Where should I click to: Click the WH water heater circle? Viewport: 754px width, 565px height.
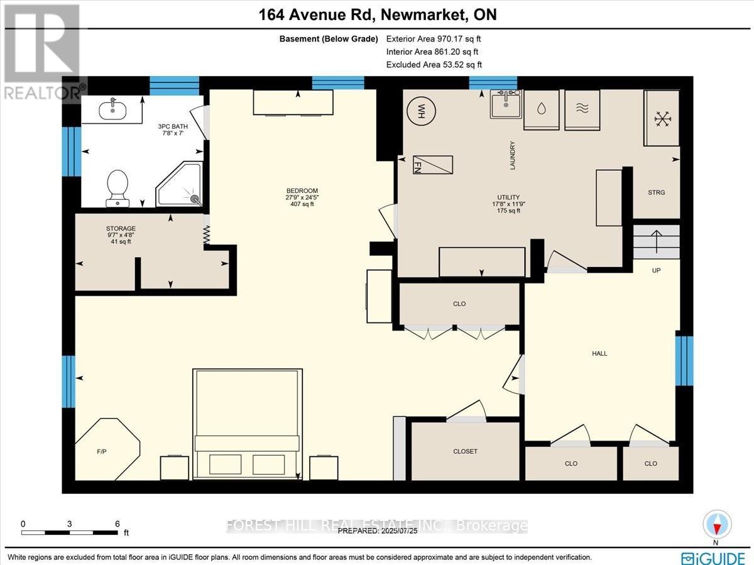coord(421,111)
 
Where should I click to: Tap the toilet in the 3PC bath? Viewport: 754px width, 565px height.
coord(117,189)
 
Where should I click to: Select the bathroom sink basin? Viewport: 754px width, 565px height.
coord(112,110)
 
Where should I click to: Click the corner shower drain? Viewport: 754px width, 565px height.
coord(195,198)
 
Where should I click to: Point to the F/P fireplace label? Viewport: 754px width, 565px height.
coord(102,452)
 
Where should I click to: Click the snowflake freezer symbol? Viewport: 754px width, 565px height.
coord(663,119)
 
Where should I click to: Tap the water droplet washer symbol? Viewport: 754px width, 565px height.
coord(542,109)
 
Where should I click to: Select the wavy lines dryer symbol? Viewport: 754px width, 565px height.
coord(582,109)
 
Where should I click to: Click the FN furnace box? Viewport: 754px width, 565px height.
coord(433,165)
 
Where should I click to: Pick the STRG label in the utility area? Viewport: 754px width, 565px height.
coord(657,193)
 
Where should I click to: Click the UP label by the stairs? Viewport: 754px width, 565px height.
coord(656,270)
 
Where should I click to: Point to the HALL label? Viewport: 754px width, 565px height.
coord(599,353)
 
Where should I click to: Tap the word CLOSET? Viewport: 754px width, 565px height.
coord(465,451)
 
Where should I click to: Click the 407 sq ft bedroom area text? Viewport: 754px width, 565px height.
coord(302,204)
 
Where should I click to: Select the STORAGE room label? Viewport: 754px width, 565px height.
coord(121,228)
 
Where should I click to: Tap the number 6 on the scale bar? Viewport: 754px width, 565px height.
coord(117,524)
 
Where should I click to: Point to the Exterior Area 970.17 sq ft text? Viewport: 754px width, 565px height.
coord(434,39)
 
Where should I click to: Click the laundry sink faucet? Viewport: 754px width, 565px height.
coord(506,98)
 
